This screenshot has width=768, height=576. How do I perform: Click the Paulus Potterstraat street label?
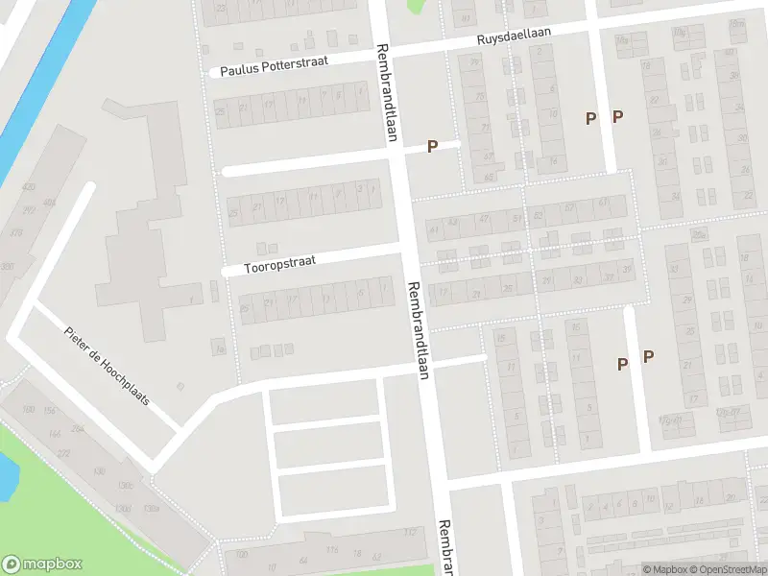pos(274,65)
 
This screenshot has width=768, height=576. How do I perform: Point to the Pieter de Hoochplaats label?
pos(107,365)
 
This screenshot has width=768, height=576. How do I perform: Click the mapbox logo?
pos(42,564)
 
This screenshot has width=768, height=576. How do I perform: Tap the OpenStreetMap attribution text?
pos(728,569)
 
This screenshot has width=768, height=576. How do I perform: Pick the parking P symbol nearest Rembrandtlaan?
pos(432,146)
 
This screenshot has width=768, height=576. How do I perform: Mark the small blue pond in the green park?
pos(5,472)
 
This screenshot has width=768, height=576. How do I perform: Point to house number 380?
pos(8,266)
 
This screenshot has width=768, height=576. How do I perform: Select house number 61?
pos(603,204)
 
